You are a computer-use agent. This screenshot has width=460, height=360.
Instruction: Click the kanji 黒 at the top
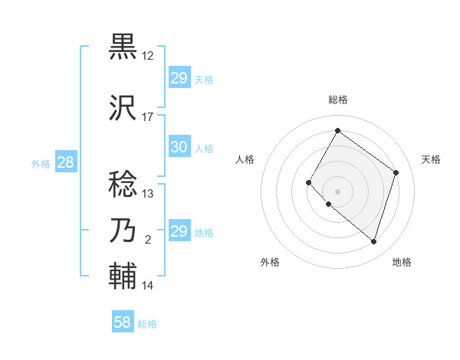click(124, 47)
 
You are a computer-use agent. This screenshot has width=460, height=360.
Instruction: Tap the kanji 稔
click(124, 184)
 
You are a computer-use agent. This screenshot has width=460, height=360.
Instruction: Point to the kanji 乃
click(124, 231)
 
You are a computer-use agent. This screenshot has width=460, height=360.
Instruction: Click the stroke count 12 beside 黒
click(148, 56)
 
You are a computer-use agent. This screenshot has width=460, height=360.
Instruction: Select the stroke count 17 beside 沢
click(148, 117)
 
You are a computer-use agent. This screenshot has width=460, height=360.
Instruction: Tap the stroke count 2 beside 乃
click(148, 240)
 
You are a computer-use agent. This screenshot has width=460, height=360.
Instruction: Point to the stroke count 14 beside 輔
click(148, 286)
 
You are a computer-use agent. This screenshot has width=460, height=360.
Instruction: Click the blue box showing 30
click(179, 148)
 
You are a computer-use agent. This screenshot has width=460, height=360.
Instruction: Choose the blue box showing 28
click(65, 163)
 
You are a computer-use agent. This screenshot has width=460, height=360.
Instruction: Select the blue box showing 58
click(123, 323)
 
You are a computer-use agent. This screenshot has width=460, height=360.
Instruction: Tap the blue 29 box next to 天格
click(179, 78)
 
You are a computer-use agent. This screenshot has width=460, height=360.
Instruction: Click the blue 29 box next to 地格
click(179, 231)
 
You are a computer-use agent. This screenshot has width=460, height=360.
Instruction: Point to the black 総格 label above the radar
click(338, 100)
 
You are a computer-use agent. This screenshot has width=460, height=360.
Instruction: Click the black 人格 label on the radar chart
click(245, 159)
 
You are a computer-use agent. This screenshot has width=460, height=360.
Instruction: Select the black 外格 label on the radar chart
click(270, 262)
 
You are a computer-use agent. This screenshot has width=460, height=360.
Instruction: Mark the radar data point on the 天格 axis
click(396, 172)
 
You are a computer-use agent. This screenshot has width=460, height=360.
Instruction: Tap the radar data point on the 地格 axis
click(374, 242)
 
